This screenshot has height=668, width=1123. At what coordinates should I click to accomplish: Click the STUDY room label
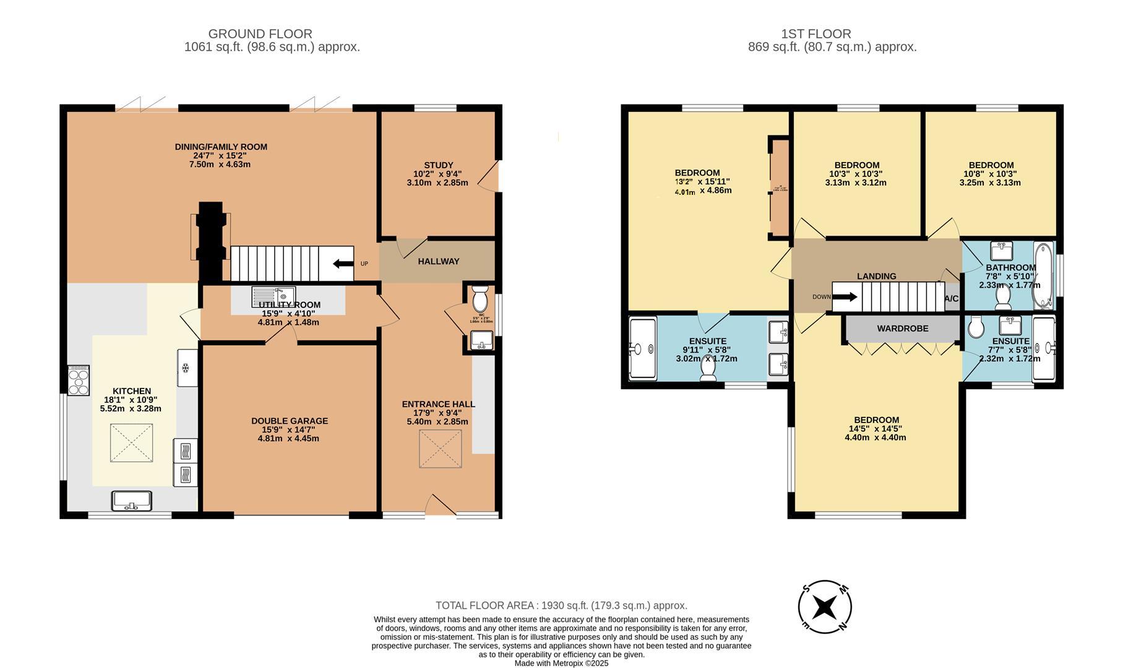[x=438, y=165]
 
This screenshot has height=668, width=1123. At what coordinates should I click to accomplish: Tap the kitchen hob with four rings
[x=79, y=380]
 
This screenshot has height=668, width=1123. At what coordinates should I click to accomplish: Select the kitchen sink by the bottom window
[x=131, y=500]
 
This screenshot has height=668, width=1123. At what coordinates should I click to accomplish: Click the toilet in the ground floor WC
[x=480, y=300]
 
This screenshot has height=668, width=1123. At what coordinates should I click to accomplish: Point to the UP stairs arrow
[x=340, y=264]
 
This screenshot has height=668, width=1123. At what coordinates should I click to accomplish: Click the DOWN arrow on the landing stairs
[x=845, y=297]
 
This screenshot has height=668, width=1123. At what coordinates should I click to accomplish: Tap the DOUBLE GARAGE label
[x=290, y=421]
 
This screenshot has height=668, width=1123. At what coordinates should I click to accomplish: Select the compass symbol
[x=824, y=607]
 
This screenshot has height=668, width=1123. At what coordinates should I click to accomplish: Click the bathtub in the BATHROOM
[x=1043, y=275]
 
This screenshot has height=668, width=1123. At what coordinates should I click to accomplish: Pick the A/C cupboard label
[x=951, y=299]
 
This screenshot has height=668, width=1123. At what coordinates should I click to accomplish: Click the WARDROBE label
[x=902, y=328]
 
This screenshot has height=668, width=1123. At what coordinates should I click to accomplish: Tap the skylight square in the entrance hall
[x=441, y=449]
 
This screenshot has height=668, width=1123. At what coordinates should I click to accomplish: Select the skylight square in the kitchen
[x=131, y=442]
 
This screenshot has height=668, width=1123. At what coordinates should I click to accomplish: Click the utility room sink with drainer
[x=273, y=296]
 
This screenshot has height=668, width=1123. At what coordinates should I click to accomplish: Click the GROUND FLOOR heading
[x=260, y=34]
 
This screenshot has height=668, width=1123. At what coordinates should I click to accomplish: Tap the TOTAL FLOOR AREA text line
[x=561, y=606]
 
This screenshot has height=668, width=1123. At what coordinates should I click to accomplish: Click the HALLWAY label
[x=438, y=262]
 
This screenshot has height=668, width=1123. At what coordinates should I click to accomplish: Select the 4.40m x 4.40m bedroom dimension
[x=875, y=437]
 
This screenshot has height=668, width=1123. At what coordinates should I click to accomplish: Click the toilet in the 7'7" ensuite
[x=976, y=327]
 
